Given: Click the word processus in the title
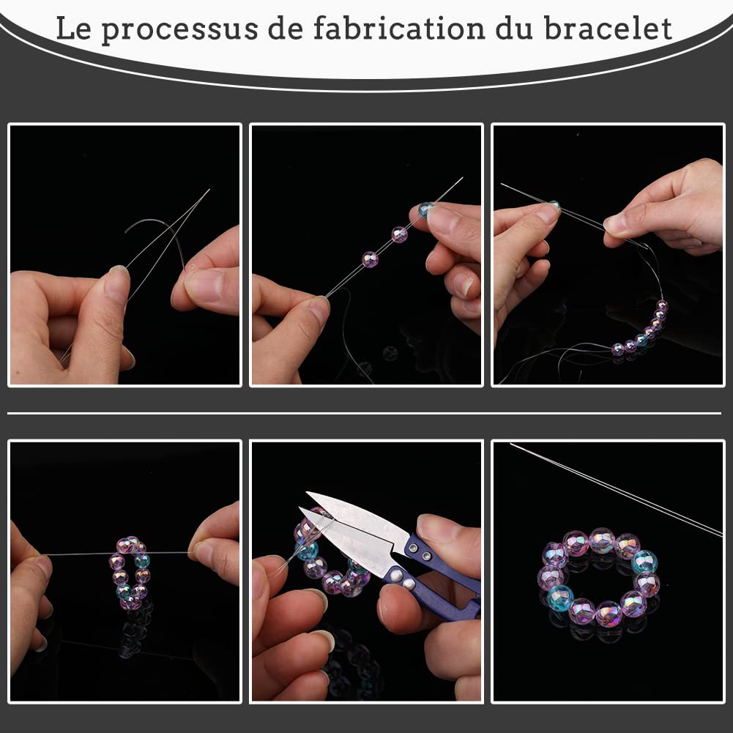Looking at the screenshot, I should pyautogui.click(x=177, y=29).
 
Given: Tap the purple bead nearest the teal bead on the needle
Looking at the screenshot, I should pyautogui.click(x=399, y=234).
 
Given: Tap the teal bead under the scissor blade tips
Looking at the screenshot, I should pyautogui.click(x=308, y=549).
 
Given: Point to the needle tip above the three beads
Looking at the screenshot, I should pyautogui.click(x=459, y=179).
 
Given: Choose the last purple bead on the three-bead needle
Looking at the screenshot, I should pyautogui.click(x=371, y=259).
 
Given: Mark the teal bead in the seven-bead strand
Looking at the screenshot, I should pyautogui.click(x=641, y=340).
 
